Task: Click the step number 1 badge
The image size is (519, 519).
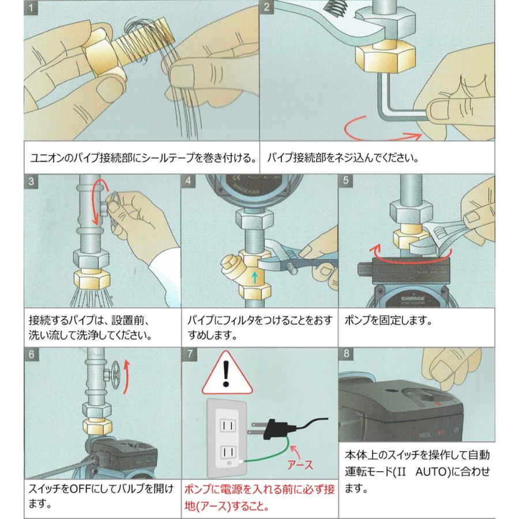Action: (x=31, y=7)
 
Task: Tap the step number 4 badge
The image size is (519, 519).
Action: (x=188, y=180)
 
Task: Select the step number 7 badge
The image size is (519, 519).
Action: (x=189, y=354)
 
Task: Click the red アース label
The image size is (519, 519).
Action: (x=300, y=465)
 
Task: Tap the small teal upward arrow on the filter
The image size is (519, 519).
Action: (x=254, y=277)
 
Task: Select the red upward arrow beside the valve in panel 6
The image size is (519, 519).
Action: (x=126, y=377)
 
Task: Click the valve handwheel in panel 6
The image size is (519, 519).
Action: (x=115, y=375)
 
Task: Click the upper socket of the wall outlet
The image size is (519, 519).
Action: (x=228, y=426)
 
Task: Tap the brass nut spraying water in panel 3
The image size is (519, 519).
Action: (x=92, y=279)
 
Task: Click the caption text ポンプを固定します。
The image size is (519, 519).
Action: (x=389, y=321)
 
